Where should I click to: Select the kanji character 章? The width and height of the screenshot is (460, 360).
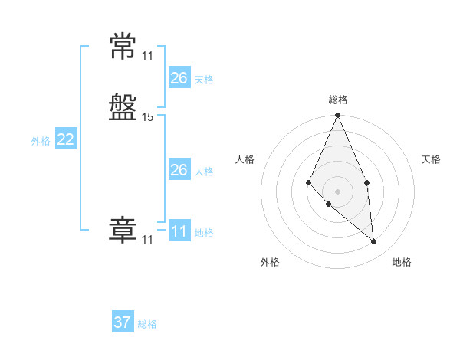coord(123,231)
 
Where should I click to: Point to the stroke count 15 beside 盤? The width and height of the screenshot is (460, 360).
coord(148,117)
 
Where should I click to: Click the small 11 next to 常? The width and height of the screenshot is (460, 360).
coord(147,55)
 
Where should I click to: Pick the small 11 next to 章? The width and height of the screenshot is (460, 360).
coord(147,240)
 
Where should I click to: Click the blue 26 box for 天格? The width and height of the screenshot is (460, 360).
coord(179,77)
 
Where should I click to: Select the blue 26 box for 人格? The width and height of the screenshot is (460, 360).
coord(179,170)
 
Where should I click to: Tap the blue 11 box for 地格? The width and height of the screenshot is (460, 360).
coord(179,231)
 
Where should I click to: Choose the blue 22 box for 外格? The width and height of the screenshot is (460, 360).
coord(66,139)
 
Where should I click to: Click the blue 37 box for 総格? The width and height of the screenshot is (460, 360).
coord(123,322)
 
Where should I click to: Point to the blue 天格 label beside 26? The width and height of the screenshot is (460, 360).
coord(204,79)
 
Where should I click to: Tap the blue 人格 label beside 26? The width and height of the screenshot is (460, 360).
coord(204,172)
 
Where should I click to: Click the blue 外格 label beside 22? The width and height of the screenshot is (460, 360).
coord(41,141)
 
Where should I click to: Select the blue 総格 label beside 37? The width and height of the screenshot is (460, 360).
coord(147,324)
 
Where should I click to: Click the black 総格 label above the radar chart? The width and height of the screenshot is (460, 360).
coord(337,100)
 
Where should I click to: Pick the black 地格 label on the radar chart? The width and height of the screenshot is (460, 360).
coord(402,263)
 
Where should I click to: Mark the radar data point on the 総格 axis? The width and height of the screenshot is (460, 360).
coord(337,116)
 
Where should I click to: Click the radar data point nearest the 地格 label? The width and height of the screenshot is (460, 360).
coord(373,241)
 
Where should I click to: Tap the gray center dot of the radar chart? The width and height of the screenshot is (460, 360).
coord(337,191)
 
